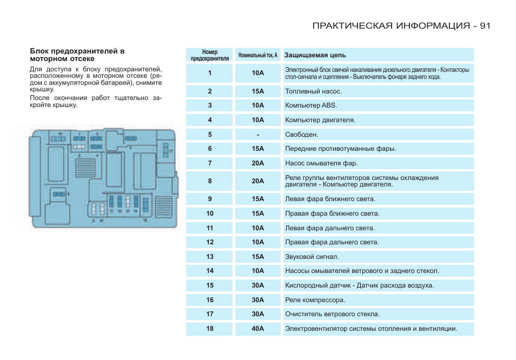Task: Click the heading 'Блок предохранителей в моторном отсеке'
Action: point(77,55)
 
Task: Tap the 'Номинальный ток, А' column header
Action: point(257,55)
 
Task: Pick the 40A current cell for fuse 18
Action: point(257,329)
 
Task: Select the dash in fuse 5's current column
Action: point(258,134)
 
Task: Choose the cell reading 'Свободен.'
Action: point(301,134)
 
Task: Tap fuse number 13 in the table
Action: point(210,257)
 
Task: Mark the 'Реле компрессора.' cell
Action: point(315,300)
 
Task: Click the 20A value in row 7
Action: point(257,163)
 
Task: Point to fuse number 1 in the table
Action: point(210,73)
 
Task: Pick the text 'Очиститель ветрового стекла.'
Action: point(332,314)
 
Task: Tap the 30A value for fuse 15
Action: point(257,285)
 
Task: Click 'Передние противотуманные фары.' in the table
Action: point(340,149)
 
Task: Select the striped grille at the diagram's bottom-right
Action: point(162,205)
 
